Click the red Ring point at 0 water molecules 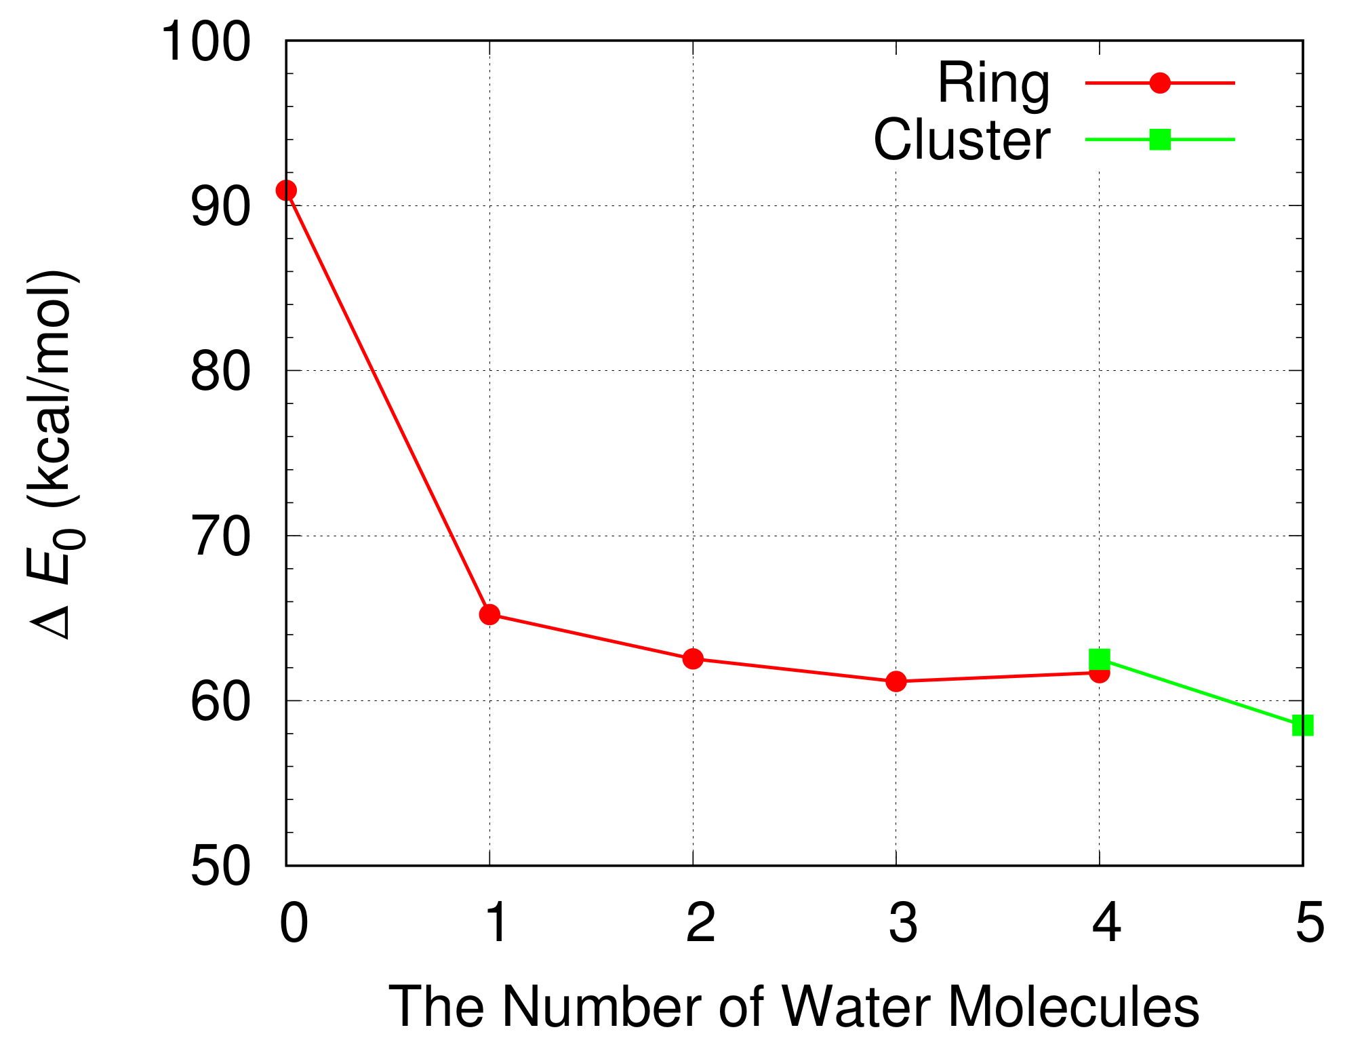pos(286,191)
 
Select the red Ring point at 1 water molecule pos(489,615)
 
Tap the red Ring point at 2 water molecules pos(693,658)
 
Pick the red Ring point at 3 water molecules pos(896,681)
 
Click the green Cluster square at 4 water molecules pos(1099,658)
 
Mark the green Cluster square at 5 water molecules pos(1302,725)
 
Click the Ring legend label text pos(993,84)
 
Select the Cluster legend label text pos(961,140)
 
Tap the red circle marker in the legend pos(1160,83)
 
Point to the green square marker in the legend pos(1160,140)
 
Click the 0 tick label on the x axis pos(294,923)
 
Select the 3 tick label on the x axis pos(903,923)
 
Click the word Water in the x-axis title pos(856,1007)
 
